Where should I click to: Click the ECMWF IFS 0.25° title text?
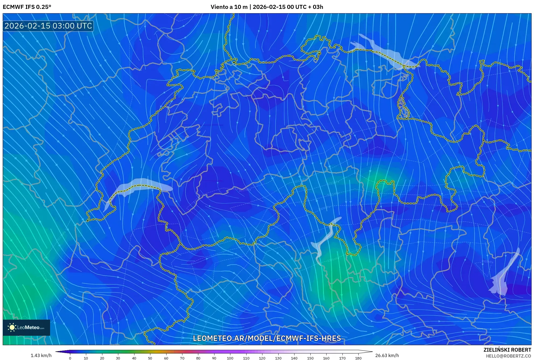tap(27, 7)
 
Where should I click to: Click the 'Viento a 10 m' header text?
tap(229, 7)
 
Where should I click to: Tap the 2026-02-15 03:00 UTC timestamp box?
tap(48, 26)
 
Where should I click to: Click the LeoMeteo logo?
tap(26, 327)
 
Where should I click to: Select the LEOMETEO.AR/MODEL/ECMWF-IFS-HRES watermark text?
tap(267, 338)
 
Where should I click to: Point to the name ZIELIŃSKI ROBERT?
tap(507, 350)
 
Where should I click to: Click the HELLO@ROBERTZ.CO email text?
tap(508, 356)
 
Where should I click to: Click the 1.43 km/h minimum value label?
tap(41, 355)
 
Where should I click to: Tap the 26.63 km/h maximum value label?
tap(387, 355)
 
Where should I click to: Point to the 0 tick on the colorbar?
tap(70, 358)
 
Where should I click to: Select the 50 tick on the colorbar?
tap(150, 358)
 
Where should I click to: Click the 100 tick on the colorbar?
tap(230, 358)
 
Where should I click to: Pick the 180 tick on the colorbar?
tap(358, 358)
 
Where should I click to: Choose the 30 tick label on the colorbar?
tap(118, 358)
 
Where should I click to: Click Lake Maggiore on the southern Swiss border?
tap(325, 240)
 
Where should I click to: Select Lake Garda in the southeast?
tap(502, 277)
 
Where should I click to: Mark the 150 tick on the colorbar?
tap(310, 358)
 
